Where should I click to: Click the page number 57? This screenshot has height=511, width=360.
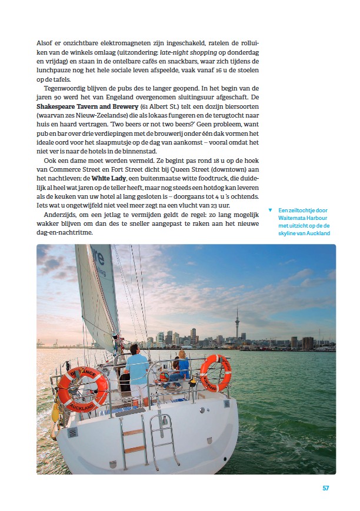(x=326, y=488)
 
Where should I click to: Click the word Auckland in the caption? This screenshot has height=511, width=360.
(x=317, y=233)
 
